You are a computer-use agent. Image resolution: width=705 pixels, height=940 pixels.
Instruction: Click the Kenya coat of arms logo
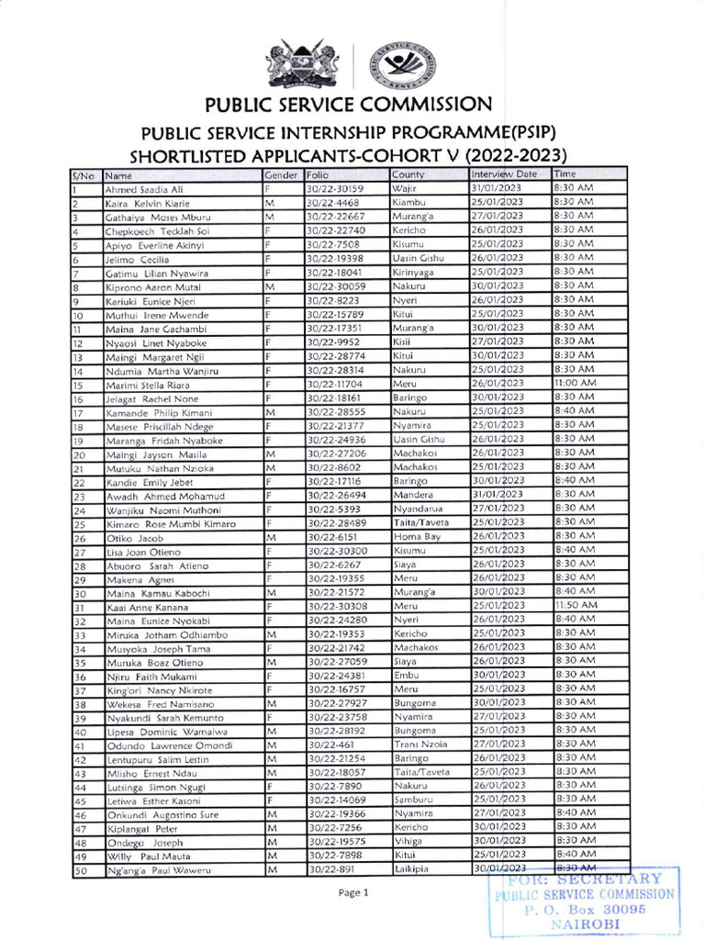click(301, 63)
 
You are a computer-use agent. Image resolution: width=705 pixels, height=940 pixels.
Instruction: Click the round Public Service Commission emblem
click(400, 63)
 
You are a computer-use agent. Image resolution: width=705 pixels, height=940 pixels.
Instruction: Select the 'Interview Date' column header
click(504, 174)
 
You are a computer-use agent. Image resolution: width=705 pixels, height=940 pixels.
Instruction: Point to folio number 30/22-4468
click(333, 203)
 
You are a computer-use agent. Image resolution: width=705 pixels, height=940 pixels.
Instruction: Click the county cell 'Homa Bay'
click(416, 536)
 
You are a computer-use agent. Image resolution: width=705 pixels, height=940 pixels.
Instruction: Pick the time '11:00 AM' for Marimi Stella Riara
click(575, 383)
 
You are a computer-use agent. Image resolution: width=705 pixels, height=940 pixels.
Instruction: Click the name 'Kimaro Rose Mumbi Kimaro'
click(170, 523)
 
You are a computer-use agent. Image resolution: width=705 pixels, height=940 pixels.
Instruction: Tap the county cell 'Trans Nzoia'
click(420, 744)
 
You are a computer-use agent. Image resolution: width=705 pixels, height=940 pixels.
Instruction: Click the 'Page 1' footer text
click(352, 892)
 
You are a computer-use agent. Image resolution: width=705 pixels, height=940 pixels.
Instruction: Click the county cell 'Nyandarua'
click(418, 509)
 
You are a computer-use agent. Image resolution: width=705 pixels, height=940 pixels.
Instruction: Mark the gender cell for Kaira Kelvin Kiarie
click(270, 203)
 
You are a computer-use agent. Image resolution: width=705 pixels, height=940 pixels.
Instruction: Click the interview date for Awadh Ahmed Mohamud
click(497, 495)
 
